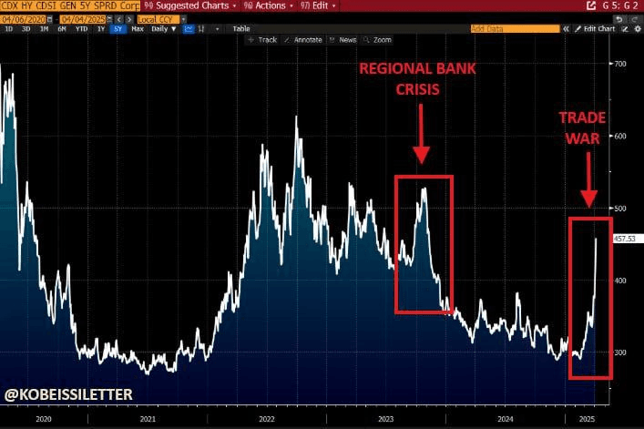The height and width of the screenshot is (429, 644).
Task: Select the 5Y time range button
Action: coord(118,29)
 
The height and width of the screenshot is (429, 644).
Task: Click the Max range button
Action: coord(138,29)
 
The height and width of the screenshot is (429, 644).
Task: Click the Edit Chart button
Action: coord(599,29)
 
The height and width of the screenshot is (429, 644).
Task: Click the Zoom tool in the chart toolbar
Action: coord(379,40)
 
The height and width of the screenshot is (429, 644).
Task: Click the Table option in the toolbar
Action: coord(240,29)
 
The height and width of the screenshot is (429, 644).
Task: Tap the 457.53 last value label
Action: coord(625,239)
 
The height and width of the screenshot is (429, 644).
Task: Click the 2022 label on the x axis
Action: coord(266,420)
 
